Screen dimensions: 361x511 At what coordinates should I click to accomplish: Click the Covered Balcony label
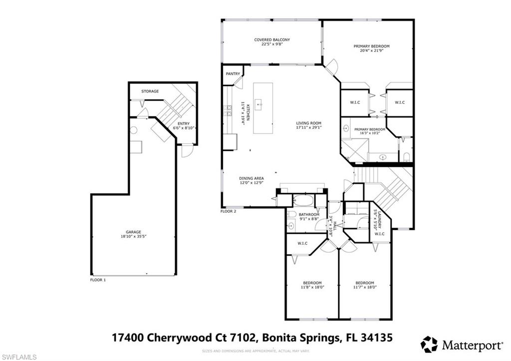tap(272, 40)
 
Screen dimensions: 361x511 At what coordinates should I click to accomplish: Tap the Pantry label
tap(233, 74)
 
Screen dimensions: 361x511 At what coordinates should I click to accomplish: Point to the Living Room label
tap(308, 123)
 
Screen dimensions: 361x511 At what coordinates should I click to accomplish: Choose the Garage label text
tap(133, 232)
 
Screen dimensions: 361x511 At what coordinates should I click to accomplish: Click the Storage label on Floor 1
tap(150, 91)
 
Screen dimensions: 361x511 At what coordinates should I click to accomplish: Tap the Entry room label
tap(183, 124)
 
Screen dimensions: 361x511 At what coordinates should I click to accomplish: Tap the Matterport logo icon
tap(429, 344)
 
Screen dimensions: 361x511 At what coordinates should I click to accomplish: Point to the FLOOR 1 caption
tap(98, 280)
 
